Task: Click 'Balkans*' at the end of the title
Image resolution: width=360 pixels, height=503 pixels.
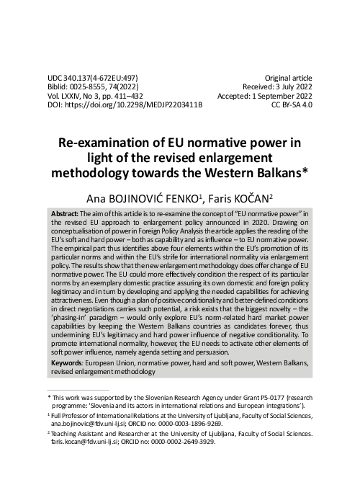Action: coord(281,173)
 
